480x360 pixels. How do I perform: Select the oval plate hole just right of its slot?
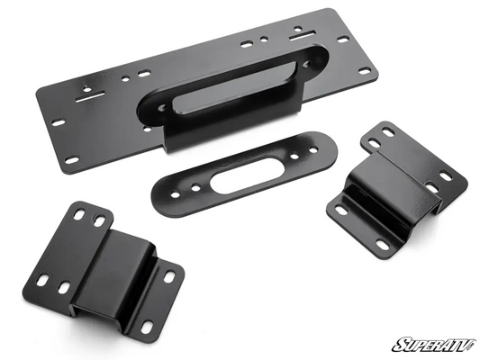click(x=278, y=153)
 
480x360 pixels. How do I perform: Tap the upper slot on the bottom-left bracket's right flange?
click(x=167, y=275)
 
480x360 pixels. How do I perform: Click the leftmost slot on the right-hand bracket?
click(x=341, y=211)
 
